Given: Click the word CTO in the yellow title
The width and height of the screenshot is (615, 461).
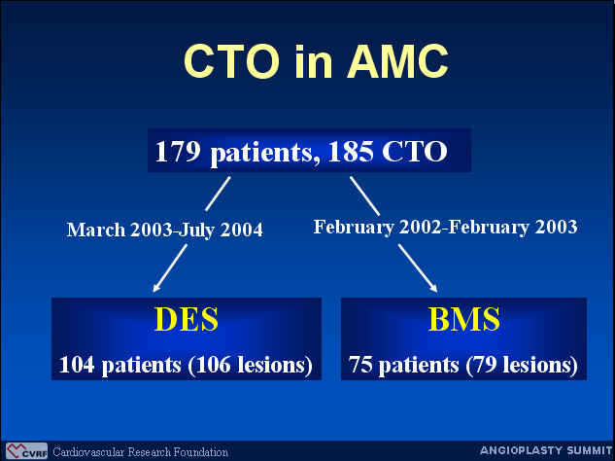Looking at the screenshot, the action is (231, 61).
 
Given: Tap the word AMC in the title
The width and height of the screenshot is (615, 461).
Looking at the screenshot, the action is (397, 61).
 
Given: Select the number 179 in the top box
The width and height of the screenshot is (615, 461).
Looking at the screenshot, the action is (178, 151).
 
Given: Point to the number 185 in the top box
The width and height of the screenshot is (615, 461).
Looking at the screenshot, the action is (351, 151).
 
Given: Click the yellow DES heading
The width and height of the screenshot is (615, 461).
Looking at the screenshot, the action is (187, 319).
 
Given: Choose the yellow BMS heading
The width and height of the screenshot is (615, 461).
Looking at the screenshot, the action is (464, 319).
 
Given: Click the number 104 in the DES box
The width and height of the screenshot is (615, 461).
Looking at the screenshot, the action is (77, 365).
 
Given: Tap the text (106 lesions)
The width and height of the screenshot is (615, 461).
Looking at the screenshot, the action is (250, 365).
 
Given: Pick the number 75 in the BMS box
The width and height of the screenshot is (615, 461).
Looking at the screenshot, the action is (360, 365).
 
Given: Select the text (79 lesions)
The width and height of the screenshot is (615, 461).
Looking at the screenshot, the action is (522, 365).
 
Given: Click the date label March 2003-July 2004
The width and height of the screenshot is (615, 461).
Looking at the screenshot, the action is (165, 230).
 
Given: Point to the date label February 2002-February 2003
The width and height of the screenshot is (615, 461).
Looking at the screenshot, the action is (445, 227).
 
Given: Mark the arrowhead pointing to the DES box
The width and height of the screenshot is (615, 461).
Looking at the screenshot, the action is (155, 289).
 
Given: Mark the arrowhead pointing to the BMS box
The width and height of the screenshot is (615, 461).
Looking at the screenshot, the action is (433, 289).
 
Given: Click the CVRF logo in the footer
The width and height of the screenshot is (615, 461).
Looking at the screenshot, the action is (26, 451).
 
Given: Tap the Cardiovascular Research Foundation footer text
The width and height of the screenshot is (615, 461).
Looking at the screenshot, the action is (140, 452).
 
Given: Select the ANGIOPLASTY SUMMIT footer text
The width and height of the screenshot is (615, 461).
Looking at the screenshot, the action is (546, 450).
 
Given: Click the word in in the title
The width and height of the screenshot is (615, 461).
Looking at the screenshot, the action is (314, 61).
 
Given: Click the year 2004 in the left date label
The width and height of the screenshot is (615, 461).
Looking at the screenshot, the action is (241, 230).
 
